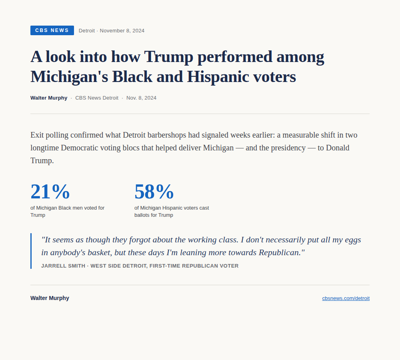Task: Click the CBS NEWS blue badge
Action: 52,30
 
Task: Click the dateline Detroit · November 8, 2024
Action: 112,31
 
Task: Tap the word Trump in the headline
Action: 169,57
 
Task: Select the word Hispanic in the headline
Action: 218,77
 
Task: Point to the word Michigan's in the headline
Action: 69,77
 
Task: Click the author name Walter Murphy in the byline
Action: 49,98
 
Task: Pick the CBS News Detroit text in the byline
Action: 97,98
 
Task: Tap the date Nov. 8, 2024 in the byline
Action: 141,98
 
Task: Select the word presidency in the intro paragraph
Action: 288,148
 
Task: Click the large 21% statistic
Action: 50,191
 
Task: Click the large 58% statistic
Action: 154,191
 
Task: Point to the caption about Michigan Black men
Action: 67,212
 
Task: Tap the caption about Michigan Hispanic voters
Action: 172,212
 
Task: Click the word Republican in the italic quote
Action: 280,252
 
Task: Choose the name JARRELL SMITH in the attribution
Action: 63,266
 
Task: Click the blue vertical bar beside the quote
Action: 31,251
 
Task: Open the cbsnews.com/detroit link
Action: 346,298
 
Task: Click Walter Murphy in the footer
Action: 50,298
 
